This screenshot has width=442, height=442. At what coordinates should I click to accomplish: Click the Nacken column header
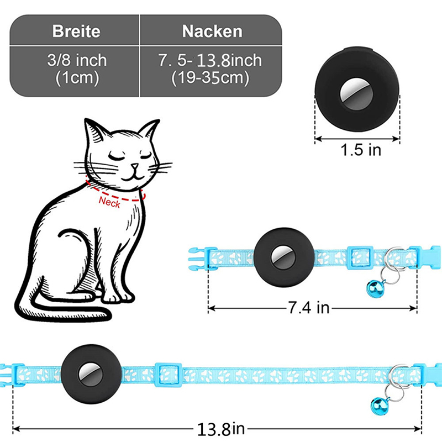click(212, 31)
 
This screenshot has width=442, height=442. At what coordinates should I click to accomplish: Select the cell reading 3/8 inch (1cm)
click(77, 68)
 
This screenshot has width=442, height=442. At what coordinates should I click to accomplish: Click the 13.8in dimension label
click(217, 428)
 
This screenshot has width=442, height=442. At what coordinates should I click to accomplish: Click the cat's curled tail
click(61, 309)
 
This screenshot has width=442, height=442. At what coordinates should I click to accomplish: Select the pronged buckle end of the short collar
click(196, 258)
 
